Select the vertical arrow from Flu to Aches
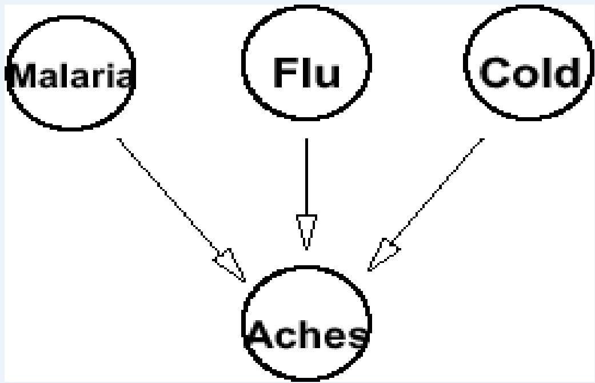point(306,177)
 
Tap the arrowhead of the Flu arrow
point(306,232)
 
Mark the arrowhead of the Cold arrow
point(383,254)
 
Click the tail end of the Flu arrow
point(306,141)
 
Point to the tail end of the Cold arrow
point(482,139)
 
